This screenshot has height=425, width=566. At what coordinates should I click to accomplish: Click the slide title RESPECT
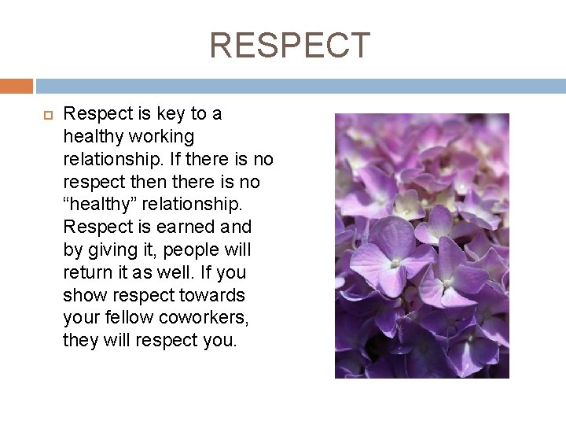click(289, 46)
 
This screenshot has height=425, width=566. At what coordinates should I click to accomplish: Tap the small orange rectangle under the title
click(17, 86)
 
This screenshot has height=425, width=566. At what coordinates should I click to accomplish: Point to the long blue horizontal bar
click(300, 86)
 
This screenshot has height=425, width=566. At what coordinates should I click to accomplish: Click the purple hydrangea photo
click(421, 246)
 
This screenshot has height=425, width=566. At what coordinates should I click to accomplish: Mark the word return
click(86, 273)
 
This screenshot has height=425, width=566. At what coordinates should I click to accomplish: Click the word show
click(85, 296)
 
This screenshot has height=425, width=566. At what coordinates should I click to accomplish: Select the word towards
click(212, 296)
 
